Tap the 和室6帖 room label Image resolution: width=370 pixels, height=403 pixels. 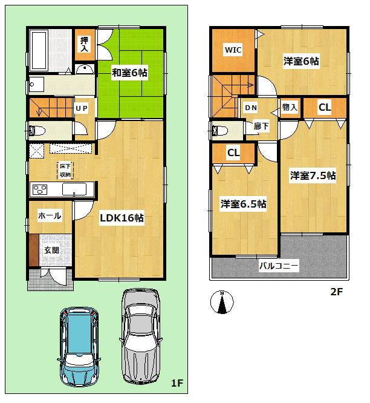tap(130, 73)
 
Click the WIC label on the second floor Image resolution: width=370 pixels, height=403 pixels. tap(233, 50)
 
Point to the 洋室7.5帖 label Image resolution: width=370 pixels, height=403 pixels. tap(313, 175)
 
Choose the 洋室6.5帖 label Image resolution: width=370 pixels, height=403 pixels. tap(242, 204)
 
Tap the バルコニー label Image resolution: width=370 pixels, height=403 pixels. tap(279, 265)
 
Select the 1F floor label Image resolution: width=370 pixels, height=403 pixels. tap(177, 383)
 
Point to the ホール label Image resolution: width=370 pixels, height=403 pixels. tap(49, 215)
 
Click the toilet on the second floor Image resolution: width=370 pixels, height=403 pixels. tap(219, 130)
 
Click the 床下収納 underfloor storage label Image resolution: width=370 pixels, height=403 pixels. tap(65, 170)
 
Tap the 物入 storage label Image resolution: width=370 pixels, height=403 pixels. tap(290, 108)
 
